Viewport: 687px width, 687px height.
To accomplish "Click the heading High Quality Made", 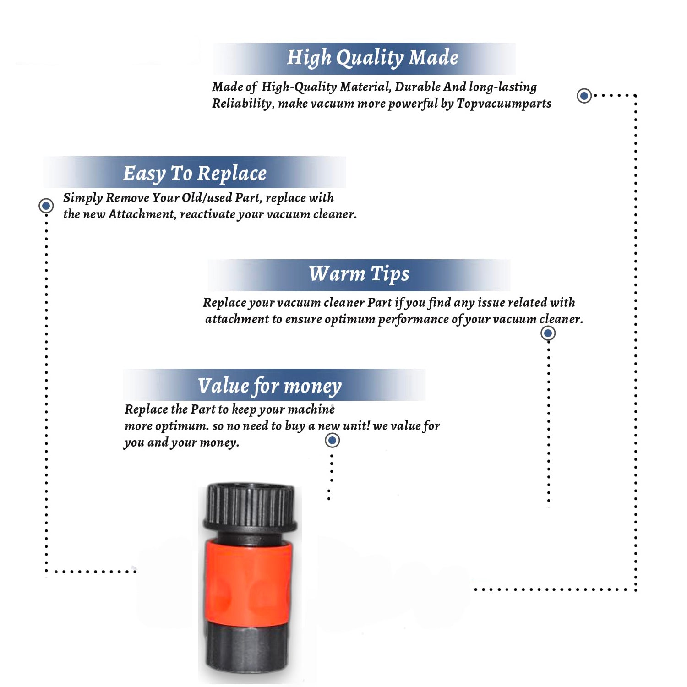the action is (372, 58).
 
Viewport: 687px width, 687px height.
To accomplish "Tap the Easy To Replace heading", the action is (195, 174).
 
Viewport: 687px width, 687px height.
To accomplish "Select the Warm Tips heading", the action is (359, 274).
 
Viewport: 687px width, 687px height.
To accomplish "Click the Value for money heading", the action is (270, 386).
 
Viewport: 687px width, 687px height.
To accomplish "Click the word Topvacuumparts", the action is (504, 104).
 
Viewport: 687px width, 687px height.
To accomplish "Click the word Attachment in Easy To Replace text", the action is (142, 214).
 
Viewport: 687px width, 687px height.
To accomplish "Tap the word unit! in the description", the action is (356, 426).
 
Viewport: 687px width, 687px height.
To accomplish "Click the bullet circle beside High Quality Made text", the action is (584, 96).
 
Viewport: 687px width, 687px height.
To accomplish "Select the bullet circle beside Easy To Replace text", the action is (46, 206).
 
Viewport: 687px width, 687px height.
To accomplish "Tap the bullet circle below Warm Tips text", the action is (548, 333).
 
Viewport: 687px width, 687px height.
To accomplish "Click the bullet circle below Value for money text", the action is (332, 441).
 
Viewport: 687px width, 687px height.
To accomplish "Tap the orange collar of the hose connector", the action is (248, 582).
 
